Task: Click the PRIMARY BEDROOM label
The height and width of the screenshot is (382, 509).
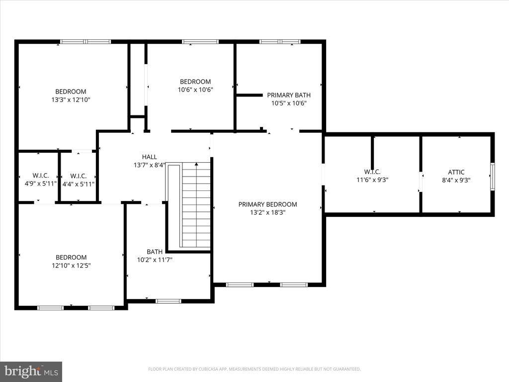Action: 267,204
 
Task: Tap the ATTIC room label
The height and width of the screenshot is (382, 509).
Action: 456,172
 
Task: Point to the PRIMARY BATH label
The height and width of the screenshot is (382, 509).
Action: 289,95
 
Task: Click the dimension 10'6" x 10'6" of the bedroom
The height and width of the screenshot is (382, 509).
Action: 195,90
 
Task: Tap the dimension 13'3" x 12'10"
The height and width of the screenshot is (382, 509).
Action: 71,99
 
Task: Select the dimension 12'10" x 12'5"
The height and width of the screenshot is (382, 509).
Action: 71,266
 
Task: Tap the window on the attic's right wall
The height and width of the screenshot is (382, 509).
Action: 492,176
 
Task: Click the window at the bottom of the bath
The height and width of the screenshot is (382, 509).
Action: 169,300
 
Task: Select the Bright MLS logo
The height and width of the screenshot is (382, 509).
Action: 31,371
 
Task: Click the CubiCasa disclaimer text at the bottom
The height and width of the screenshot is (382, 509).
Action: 254,369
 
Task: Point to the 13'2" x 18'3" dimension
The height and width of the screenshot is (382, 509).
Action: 267,212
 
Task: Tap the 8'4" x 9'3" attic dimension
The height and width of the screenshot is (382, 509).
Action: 456,180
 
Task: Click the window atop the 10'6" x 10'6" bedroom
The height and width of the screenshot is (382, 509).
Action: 200,42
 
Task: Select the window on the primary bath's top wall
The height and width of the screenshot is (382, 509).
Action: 280,42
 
